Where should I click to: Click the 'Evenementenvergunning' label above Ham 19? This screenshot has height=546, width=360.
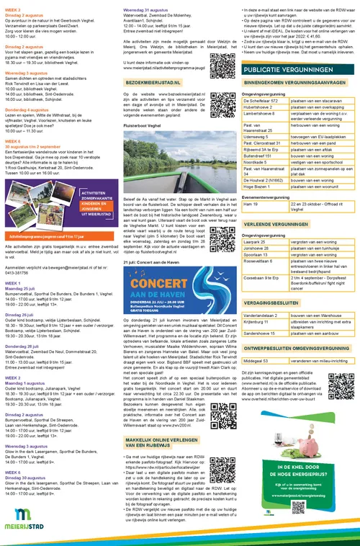(x=267, y=197)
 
